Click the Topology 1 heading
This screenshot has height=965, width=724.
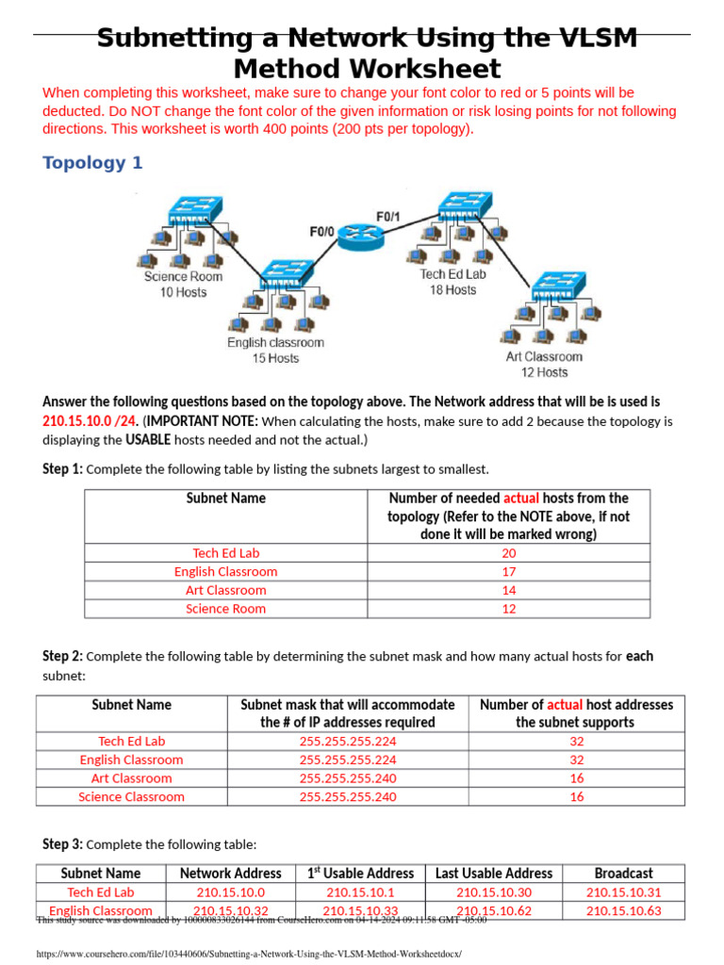92,163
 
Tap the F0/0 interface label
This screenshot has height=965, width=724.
321,230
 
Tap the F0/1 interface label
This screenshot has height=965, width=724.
388,217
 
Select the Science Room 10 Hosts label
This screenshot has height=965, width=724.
183,284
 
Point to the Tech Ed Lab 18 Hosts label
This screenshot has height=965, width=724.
453,282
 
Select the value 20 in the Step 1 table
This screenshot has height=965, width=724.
508,553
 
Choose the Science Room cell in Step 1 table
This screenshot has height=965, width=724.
225,609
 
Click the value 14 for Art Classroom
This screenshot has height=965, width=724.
508,590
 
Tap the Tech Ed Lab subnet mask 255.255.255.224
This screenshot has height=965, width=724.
348,741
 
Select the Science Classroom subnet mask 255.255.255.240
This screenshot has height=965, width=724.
348,796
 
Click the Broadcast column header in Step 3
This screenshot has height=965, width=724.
623,874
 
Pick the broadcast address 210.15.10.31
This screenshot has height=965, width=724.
623,891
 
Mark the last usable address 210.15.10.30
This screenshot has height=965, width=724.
494,891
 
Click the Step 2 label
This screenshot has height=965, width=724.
62,656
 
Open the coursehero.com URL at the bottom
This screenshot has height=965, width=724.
249,954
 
